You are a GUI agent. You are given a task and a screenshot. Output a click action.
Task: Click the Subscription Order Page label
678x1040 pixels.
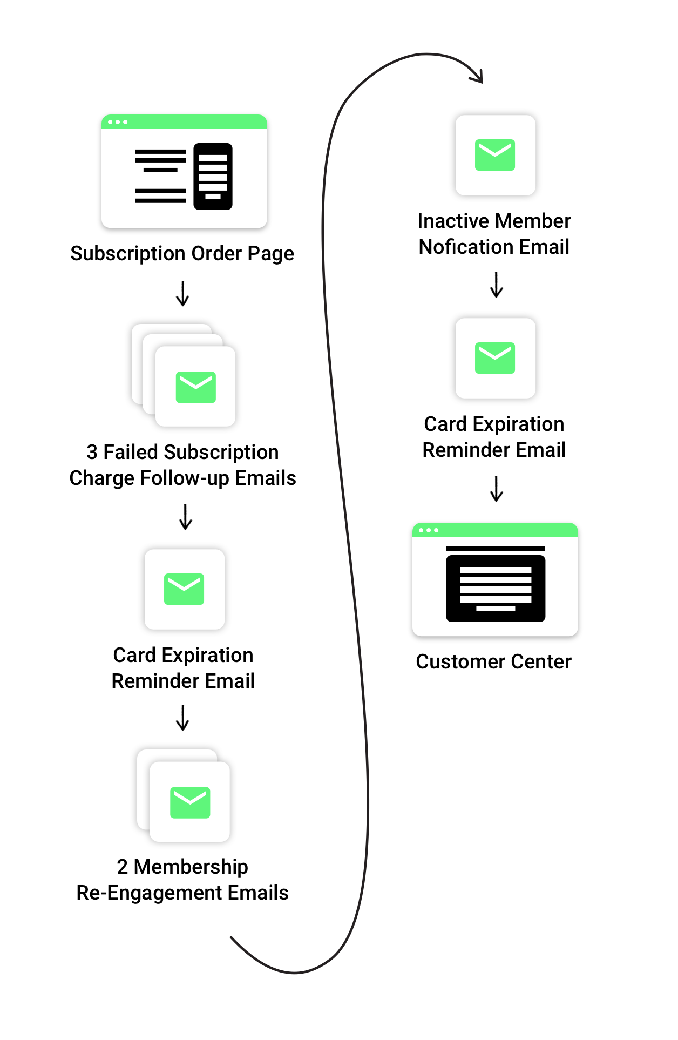coord(182,254)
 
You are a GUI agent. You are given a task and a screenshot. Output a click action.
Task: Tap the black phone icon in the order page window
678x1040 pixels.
coord(213,177)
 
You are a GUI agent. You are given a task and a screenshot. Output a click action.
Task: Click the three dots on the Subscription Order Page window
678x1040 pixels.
coord(118,122)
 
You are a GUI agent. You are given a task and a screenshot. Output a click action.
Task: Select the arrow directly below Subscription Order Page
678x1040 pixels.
coord(183,293)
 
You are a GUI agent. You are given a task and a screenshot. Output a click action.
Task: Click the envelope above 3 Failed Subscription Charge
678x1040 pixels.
coord(196,387)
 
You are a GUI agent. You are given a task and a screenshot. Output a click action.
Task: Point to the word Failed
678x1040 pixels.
coord(131,452)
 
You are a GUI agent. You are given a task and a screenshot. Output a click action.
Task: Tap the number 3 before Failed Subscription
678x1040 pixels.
coord(92,452)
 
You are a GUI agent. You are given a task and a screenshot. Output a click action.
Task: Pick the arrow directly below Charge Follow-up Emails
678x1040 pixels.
coord(186,517)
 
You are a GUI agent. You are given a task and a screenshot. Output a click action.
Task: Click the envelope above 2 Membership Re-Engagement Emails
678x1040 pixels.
coord(190,802)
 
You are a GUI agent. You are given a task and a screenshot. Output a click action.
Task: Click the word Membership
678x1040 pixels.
coord(191,867)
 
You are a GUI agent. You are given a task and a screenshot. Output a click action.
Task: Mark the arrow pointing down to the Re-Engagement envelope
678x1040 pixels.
coord(183,718)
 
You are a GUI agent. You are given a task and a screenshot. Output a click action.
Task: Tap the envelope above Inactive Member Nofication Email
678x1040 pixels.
coord(495,155)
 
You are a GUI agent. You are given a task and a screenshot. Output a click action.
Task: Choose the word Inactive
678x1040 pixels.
coord(453,221)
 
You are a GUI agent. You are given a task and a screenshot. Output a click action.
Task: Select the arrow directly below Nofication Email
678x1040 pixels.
coord(497,285)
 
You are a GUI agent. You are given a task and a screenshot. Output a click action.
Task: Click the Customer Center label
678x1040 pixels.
coord(493,662)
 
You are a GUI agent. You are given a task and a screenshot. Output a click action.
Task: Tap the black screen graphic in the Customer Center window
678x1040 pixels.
coord(496,588)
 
